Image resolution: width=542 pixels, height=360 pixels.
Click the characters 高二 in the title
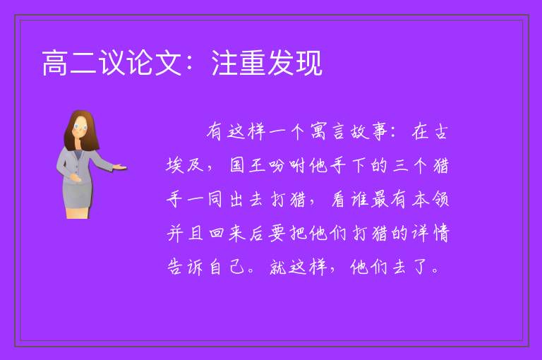[x=69, y=63]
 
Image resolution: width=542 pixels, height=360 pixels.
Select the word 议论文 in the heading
[x=140, y=63]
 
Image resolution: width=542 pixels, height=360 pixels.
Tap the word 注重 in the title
[x=239, y=63]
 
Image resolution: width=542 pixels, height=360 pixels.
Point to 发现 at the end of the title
[x=295, y=63]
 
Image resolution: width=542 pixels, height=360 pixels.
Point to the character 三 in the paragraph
[x=401, y=165]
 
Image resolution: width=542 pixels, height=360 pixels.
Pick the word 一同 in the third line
[x=205, y=199]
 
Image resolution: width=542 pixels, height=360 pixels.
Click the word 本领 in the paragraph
[x=430, y=199]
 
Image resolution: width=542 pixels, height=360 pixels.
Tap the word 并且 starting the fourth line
[x=185, y=233]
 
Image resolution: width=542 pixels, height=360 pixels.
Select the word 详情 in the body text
[x=430, y=233]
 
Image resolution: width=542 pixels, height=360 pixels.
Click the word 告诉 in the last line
[x=185, y=267]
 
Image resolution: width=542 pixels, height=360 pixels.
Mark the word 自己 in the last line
[x=227, y=267]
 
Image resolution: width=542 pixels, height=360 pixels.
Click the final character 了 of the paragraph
[x=421, y=267]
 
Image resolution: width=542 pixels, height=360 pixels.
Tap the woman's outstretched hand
[x=120, y=167]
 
